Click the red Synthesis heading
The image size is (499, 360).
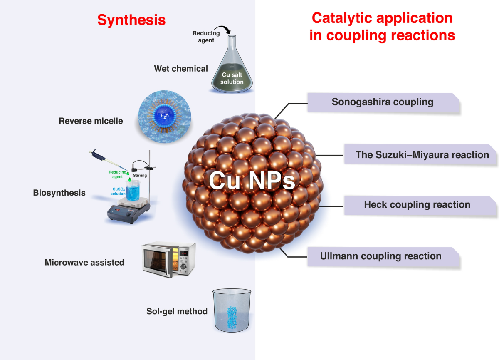pyautogui.click(x=131, y=20)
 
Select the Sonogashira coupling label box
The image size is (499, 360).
pyautogui.click(x=383, y=102)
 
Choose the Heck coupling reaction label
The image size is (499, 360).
pyautogui.click(x=417, y=205)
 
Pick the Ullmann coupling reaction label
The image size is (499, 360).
pyautogui.click(x=380, y=256)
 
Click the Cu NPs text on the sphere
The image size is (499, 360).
pyautogui.click(x=252, y=180)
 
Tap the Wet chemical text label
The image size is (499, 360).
pyautogui.click(x=181, y=69)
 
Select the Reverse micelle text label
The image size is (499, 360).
pyautogui.click(x=91, y=121)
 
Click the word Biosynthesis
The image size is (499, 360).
pyautogui.click(x=59, y=193)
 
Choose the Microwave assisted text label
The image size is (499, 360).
pyautogui.click(x=84, y=262)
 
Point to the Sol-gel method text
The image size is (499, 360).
pyautogui.click(x=177, y=311)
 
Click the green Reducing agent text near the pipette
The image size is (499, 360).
pyautogui.click(x=117, y=174)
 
